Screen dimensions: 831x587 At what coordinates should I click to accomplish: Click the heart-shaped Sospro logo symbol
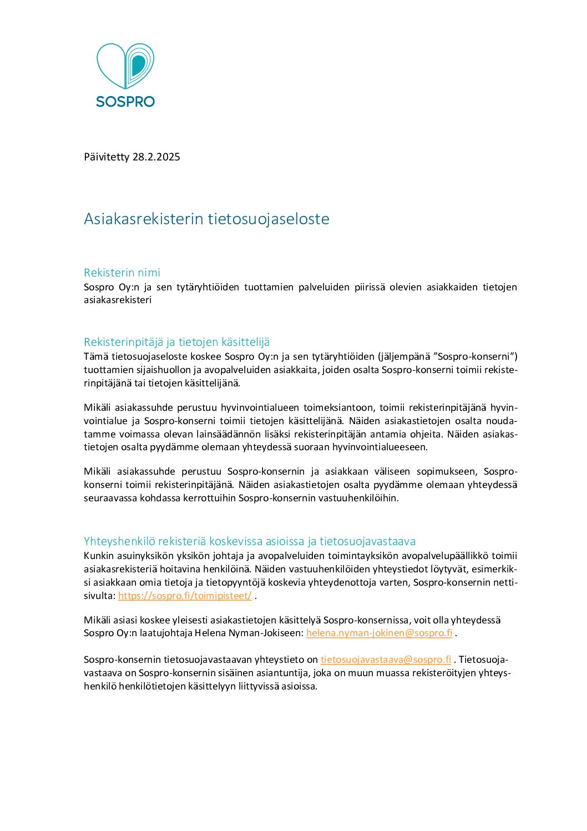click(125, 66)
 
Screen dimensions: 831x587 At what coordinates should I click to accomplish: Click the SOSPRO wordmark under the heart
click(125, 102)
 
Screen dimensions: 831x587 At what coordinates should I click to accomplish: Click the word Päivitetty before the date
click(107, 157)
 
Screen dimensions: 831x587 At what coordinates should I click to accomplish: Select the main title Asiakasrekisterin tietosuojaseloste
click(206, 219)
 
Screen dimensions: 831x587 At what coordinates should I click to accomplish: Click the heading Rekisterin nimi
click(122, 273)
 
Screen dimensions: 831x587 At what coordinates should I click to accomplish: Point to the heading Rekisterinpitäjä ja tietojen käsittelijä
click(176, 342)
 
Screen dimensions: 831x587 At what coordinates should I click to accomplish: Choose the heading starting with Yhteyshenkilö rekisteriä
click(250, 541)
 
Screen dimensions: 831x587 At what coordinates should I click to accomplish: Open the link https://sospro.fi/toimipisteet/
click(185, 596)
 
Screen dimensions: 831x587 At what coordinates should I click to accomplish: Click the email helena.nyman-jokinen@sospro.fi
click(379, 633)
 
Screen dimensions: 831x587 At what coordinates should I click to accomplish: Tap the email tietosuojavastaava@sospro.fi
click(386, 659)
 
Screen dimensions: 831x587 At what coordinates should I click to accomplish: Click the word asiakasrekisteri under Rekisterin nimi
click(118, 300)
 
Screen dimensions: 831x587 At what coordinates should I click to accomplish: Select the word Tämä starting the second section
click(95, 356)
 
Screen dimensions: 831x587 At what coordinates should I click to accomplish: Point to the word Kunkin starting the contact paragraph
click(98, 556)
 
